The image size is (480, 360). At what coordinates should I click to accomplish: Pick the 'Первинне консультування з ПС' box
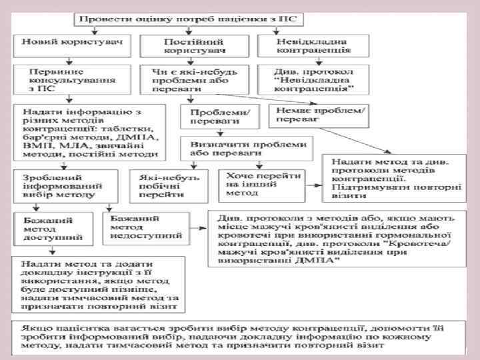click(71, 81)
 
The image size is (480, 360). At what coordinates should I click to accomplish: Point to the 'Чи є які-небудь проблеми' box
click(195, 81)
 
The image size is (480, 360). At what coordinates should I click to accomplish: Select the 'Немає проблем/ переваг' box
click(318, 114)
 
